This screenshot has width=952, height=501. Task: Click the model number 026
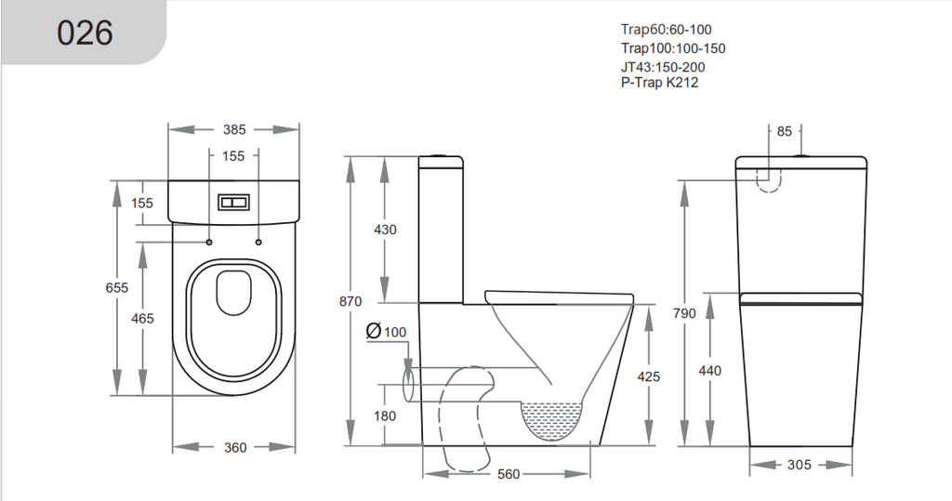[x=85, y=33]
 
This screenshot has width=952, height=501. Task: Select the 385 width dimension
[x=234, y=130]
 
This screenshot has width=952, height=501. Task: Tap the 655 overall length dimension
[x=116, y=288]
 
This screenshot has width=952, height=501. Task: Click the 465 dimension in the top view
[x=142, y=319]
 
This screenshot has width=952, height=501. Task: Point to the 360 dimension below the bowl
[x=235, y=447]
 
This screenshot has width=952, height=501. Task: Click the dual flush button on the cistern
[x=234, y=202]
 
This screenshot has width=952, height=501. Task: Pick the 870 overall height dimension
[x=350, y=301]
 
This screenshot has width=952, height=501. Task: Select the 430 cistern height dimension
[x=384, y=230]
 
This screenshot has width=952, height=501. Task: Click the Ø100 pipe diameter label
[x=387, y=332]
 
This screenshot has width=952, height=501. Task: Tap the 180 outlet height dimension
[x=384, y=415]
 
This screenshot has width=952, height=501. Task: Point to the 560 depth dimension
[x=508, y=475]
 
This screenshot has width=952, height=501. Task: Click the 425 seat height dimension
[x=649, y=376]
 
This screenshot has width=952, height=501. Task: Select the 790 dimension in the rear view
[x=684, y=314]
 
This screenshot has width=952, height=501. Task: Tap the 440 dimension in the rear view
[x=709, y=370]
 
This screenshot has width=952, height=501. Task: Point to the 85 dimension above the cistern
[x=785, y=132]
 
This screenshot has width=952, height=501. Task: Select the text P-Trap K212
[x=659, y=83]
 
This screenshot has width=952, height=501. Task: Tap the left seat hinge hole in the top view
[x=209, y=242]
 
